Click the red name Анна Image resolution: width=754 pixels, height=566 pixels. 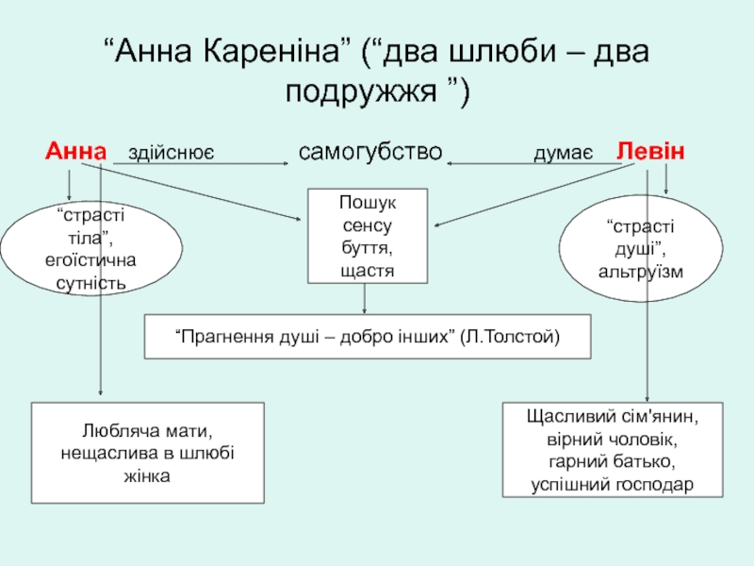[75, 151]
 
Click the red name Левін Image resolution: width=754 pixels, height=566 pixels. [650, 151]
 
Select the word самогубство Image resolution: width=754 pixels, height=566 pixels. [369, 152]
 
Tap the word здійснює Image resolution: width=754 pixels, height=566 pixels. [171, 153]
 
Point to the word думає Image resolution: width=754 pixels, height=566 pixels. [563, 154]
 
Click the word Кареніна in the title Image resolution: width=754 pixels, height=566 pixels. [277, 51]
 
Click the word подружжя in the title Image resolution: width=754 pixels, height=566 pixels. [361, 91]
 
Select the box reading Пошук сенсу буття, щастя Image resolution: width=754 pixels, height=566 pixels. [368, 236]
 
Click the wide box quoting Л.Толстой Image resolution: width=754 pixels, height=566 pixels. [368, 337]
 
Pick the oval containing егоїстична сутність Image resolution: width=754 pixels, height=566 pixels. [91, 248]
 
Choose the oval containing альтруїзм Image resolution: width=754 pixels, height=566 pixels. [641, 248]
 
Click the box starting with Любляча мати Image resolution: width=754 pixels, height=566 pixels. [148, 453]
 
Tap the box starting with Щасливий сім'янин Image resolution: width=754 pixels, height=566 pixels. [613, 450]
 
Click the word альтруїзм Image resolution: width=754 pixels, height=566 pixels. [641, 272]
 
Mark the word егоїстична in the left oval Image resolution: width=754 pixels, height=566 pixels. [90, 260]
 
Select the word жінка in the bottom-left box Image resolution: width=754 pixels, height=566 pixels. [147, 476]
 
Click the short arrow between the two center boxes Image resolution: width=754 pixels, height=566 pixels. [364, 299]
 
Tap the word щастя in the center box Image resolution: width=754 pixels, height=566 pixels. [368, 271]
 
